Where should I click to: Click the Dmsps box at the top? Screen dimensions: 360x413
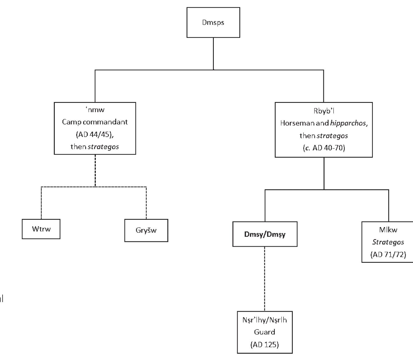click(x=213, y=22)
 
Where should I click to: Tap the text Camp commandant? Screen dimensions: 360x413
click(x=95, y=122)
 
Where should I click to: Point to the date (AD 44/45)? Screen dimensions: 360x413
click(x=95, y=134)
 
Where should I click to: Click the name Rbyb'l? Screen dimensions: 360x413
click(x=324, y=111)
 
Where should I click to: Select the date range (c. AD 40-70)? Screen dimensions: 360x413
click(x=324, y=148)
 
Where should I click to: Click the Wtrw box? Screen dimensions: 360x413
click(x=41, y=229)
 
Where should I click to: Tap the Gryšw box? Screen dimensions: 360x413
click(x=146, y=230)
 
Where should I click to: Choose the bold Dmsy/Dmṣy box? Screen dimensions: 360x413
click(x=265, y=234)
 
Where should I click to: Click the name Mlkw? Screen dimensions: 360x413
click(x=388, y=230)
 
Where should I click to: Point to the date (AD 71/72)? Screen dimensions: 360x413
click(x=388, y=255)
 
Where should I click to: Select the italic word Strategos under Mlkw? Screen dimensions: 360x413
click(x=388, y=242)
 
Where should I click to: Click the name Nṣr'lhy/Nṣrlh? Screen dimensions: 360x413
click(x=265, y=320)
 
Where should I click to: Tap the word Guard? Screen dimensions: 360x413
click(x=265, y=332)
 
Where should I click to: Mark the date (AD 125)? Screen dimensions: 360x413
click(x=265, y=345)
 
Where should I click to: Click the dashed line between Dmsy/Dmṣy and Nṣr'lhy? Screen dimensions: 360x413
click(x=265, y=278)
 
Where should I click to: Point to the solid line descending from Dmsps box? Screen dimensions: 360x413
click(x=213, y=53)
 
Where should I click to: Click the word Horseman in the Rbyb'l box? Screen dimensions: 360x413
click(x=295, y=123)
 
